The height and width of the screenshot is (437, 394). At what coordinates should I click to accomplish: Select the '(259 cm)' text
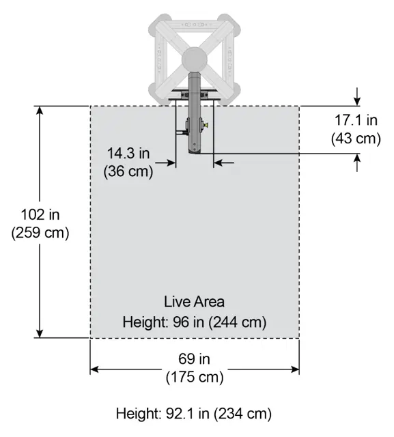point(40,232)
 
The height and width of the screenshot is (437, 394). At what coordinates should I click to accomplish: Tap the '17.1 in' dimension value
point(356,121)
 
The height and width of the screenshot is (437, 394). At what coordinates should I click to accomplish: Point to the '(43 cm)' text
point(356,138)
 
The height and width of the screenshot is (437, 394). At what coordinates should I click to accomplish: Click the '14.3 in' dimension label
point(130,153)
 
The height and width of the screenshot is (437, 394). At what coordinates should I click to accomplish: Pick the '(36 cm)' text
point(128,171)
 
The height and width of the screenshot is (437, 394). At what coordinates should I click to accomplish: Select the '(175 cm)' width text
point(195,376)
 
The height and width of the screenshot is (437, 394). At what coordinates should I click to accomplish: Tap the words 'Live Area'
point(195,301)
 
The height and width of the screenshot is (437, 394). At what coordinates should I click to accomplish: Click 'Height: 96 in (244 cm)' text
point(195,321)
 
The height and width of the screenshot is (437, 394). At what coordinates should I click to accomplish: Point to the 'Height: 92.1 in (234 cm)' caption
point(194,414)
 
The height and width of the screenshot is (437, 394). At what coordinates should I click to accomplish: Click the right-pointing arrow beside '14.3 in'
point(170,163)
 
